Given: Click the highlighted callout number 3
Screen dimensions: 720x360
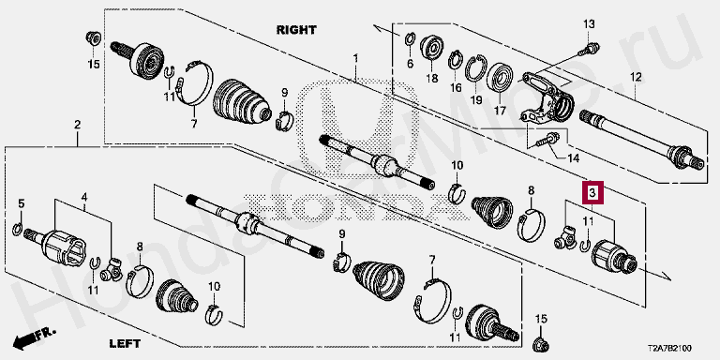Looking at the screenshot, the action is (592, 193).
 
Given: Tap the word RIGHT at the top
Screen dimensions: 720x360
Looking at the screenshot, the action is (296, 30).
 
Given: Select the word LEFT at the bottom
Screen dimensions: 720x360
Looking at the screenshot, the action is (125, 343).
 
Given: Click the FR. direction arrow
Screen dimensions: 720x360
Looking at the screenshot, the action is (34, 337).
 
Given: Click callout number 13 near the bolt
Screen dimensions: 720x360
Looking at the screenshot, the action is (589, 23).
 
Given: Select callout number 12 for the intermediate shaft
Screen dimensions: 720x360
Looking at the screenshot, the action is (636, 77).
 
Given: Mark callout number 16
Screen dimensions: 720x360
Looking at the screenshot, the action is (456, 87).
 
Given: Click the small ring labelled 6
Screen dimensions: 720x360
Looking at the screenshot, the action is (411, 39).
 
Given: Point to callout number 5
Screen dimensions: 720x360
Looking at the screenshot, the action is (22, 203).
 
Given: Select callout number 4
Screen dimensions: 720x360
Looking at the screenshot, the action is (84, 198).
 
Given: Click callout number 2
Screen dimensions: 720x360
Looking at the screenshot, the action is (77, 124).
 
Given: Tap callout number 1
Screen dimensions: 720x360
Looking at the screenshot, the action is (355, 58).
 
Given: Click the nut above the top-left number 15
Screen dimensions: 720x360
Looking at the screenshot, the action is (94, 38).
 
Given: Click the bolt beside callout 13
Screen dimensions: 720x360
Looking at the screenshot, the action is (589, 48).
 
